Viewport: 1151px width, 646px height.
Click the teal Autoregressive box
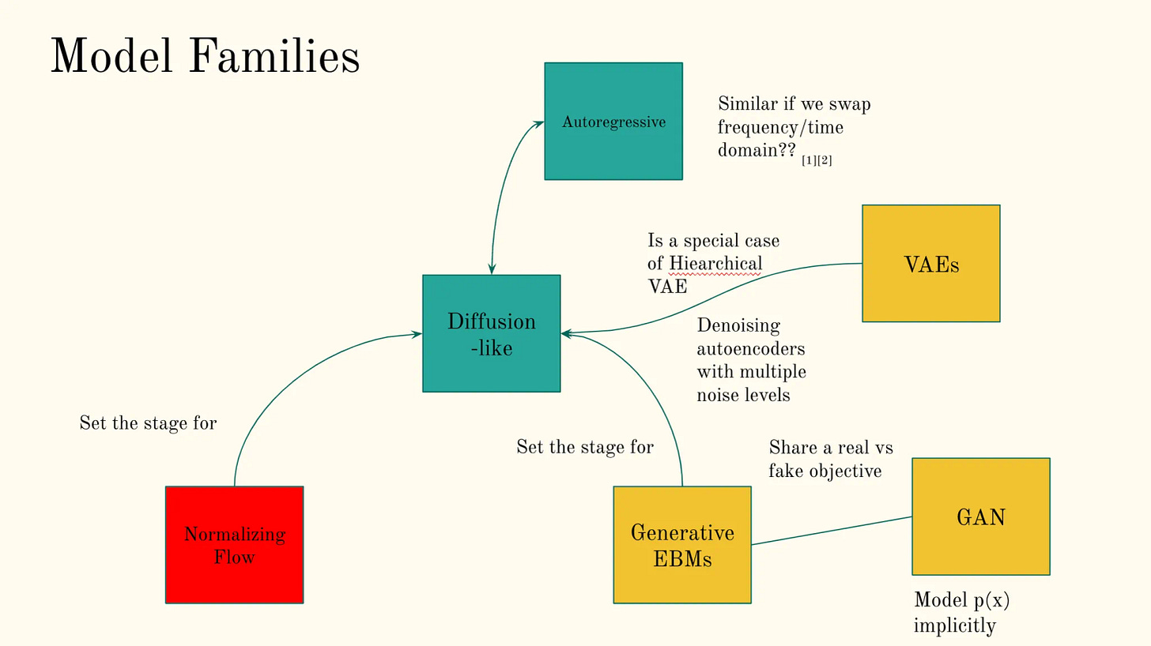[613, 122]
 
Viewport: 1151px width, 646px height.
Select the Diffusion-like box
[492, 333]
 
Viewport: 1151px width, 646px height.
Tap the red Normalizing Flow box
[235, 545]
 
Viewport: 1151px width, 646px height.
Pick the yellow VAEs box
[931, 264]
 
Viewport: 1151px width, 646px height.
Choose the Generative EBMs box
[682, 545]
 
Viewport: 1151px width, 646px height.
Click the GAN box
[981, 516]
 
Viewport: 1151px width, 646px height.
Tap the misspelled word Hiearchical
[715, 263]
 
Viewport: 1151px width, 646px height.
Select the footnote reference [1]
[809, 161]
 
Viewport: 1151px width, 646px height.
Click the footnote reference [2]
[825, 161]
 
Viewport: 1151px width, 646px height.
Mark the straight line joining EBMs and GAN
[832, 531]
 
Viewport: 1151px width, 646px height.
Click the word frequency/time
[780, 127]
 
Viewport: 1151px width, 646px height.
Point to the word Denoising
[738, 325]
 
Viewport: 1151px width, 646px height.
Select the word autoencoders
[751, 348]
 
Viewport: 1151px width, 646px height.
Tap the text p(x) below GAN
[991, 600]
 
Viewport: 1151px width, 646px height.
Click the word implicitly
[954, 625]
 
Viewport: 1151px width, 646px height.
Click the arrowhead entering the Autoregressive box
[539, 122]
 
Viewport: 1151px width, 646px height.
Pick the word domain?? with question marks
[757, 150]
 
